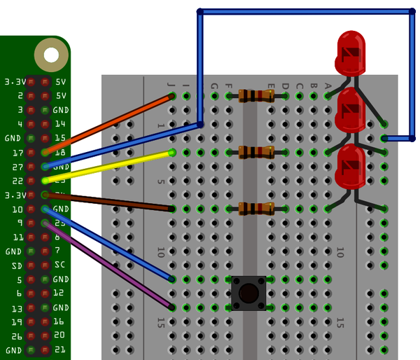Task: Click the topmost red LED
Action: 351,52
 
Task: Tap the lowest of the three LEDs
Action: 351,167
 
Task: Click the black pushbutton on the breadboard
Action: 248,293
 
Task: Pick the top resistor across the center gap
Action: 255,95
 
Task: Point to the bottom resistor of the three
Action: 255,208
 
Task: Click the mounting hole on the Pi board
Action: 51,54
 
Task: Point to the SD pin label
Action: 15,265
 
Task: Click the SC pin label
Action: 59,265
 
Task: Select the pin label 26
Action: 16,336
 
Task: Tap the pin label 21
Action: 59,350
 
